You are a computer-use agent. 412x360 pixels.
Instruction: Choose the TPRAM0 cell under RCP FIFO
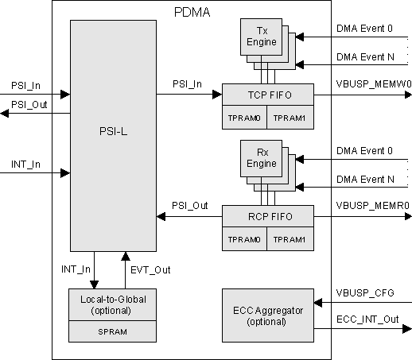pos(244,239)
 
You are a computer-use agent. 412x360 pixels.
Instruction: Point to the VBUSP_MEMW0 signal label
pos(366,83)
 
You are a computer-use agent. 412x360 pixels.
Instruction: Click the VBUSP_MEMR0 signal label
pos(366,204)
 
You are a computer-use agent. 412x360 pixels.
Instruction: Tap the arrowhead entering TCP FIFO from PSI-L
pos(216,95)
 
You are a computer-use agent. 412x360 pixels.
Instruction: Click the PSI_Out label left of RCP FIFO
pos(190,205)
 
